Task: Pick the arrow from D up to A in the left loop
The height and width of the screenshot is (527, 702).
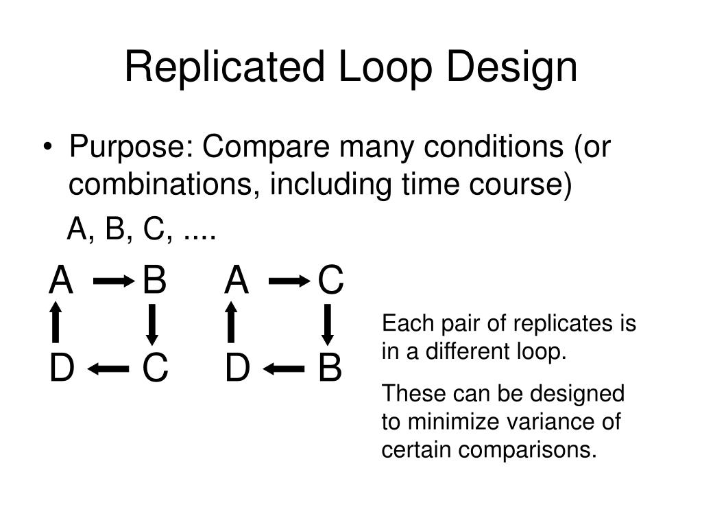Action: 56,323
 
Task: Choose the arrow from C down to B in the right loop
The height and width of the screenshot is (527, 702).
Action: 328,325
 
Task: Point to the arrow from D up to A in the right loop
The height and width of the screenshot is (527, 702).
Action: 232,323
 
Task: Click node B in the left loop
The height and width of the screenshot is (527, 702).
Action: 154,281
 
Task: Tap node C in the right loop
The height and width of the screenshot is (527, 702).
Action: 330,281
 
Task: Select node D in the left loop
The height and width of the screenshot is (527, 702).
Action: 61,369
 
